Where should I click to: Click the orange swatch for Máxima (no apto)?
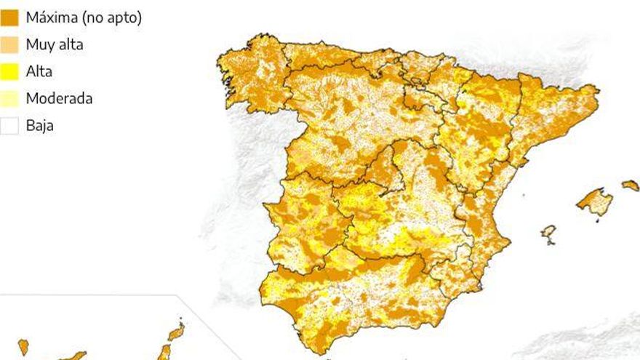tap(10, 17)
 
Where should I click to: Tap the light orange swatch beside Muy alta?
tap(10, 44)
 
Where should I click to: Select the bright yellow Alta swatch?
tap(10, 71)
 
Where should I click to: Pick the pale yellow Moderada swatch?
tap(10, 98)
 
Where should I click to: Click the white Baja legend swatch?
tap(10, 125)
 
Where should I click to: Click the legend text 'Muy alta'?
tap(55, 44)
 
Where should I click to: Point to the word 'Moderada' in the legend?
tap(59, 98)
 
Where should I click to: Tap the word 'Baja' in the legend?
tap(39, 125)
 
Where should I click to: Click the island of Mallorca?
tap(595, 201)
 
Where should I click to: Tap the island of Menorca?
tap(630, 185)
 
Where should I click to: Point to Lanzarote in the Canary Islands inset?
tap(176, 332)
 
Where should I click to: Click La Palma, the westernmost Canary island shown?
tap(23, 347)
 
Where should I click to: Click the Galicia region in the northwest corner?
tap(251, 76)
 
